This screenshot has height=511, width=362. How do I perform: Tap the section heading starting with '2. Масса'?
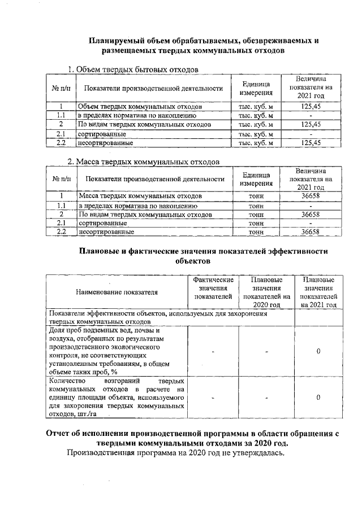point(143,162)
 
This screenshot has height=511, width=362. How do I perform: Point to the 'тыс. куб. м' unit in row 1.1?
point(256,115)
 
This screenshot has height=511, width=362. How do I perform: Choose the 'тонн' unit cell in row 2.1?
point(256,224)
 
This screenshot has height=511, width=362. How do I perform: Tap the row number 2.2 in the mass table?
point(61,232)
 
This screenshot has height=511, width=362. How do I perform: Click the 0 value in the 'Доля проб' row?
point(318,351)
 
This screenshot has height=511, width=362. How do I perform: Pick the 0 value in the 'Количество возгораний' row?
point(318,398)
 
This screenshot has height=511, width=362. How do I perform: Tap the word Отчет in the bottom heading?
point(62,434)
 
